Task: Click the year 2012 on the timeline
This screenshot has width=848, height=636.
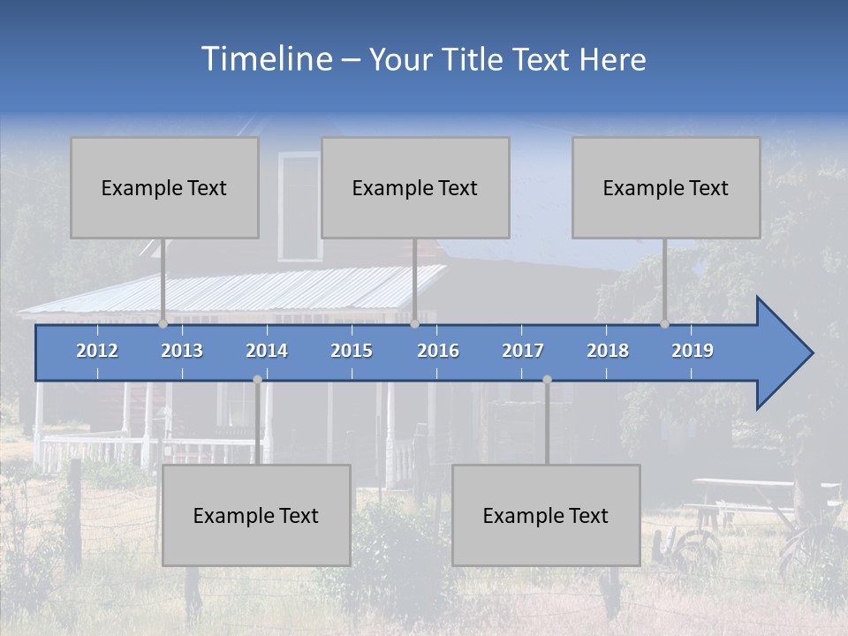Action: [97, 351]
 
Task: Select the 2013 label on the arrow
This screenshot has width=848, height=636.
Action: [182, 351]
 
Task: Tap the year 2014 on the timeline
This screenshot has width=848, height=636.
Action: [267, 351]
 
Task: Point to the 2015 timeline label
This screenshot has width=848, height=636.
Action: [352, 351]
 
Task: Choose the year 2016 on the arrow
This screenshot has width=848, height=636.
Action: [438, 351]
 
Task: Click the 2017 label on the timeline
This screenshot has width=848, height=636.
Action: [523, 351]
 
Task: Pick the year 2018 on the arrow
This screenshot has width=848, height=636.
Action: [608, 351]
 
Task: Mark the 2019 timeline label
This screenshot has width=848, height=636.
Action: [693, 351]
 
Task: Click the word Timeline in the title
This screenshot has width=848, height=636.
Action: [266, 59]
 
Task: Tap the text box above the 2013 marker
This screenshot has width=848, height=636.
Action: [164, 187]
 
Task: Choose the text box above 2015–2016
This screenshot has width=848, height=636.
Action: [415, 187]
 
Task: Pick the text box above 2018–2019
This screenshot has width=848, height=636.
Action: [666, 187]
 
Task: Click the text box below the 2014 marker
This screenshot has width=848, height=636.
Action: [256, 515]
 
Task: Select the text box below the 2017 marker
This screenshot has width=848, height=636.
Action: [546, 515]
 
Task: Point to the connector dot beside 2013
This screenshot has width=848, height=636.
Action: [163, 324]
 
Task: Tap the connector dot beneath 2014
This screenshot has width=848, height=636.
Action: [257, 379]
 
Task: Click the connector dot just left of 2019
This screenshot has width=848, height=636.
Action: [664, 324]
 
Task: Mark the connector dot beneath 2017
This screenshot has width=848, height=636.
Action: [547, 379]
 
